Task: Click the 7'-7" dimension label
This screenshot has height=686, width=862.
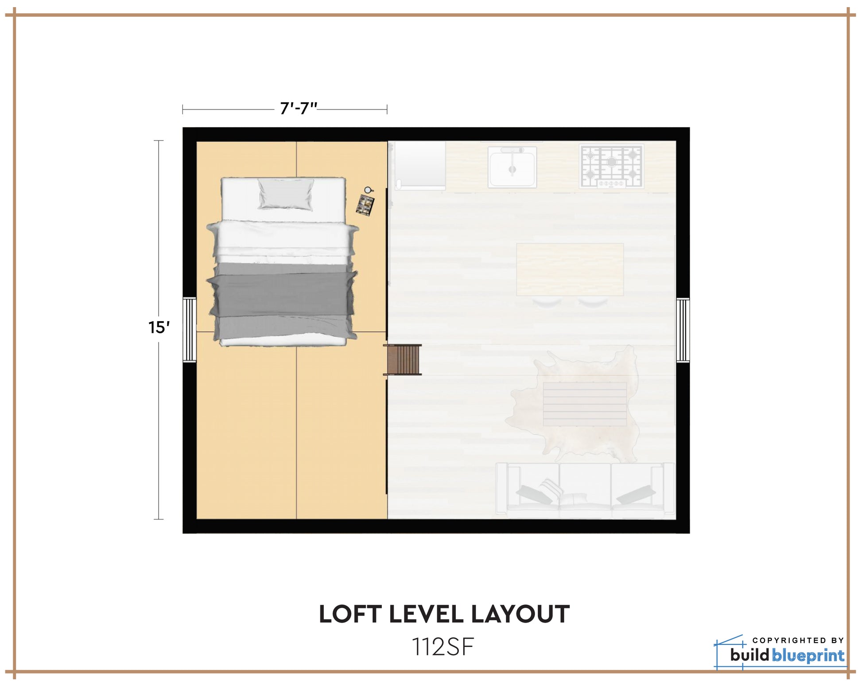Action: tap(299, 109)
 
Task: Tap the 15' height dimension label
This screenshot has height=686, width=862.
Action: tap(159, 327)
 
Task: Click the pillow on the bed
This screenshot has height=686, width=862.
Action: tap(286, 194)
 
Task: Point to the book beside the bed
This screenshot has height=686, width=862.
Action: tap(365, 205)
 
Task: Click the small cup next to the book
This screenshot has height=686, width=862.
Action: tap(368, 191)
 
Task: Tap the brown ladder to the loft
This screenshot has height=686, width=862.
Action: tap(403, 359)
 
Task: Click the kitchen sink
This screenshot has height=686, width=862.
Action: tap(513, 168)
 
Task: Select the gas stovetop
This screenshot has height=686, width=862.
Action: tap(611, 166)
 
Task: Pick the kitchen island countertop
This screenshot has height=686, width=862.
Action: tap(570, 269)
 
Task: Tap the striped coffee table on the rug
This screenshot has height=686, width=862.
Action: tap(585, 404)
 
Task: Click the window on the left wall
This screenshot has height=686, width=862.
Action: tap(190, 330)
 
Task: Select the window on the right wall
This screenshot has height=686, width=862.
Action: tap(683, 330)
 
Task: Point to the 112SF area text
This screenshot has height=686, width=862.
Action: tap(443, 647)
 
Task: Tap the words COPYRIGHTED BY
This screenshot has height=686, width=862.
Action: tap(798, 640)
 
